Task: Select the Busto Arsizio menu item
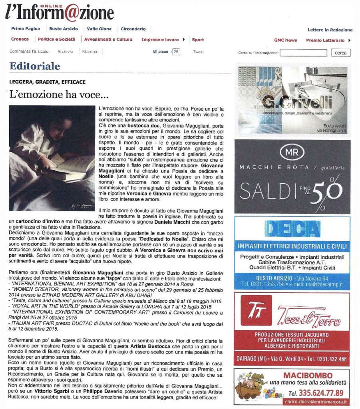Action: click(x=64, y=29)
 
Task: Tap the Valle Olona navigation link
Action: click(x=99, y=29)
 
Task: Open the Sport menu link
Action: click(x=198, y=40)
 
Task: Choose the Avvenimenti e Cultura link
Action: click(x=108, y=40)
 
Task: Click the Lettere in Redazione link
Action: click(x=330, y=30)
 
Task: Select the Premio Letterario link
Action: click(x=325, y=40)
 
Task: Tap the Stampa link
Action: click(x=90, y=52)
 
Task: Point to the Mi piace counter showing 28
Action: click(x=176, y=52)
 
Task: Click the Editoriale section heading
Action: click(x=35, y=66)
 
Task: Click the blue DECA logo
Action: click(x=293, y=229)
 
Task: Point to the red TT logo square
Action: click(x=256, y=310)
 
